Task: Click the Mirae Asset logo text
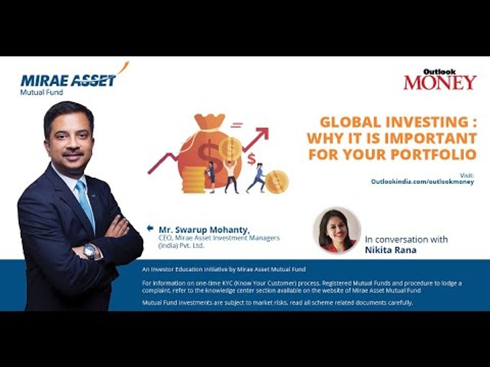click(68, 80)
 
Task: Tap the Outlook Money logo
click(440, 81)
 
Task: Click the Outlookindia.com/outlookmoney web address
click(422, 181)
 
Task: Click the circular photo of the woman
click(337, 230)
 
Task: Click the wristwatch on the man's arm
click(90, 251)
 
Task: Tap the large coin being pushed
click(277, 181)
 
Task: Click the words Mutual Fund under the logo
click(41, 92)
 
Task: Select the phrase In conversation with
click(406, 239)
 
